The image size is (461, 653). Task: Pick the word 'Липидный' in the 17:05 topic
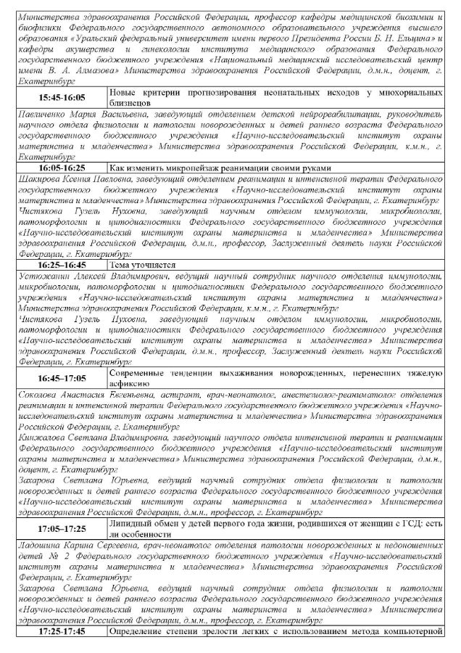click(128, 521)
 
